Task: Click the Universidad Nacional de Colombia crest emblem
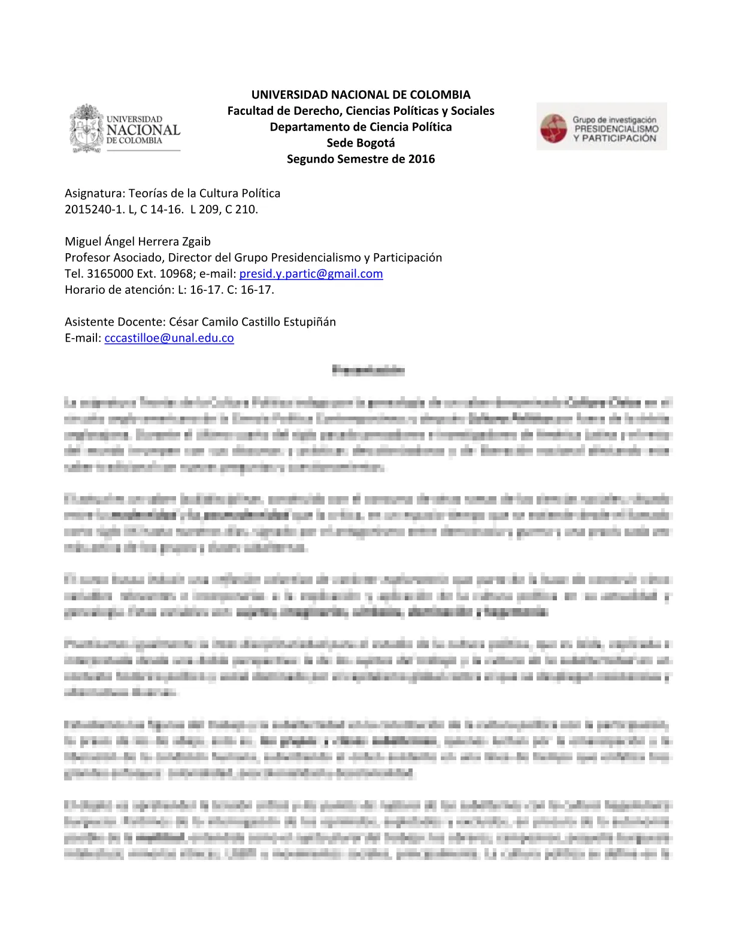coord(87,129)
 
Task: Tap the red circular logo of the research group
coord(553,129)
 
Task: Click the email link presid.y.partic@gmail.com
coord(311,274)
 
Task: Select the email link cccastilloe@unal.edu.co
coord(169,338)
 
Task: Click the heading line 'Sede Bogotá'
coord(361,142)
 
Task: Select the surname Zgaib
coord(196,241)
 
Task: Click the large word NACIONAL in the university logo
coord(143,130)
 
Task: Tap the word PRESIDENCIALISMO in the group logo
coord(616,129)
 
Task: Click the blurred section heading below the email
coord(368,370)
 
